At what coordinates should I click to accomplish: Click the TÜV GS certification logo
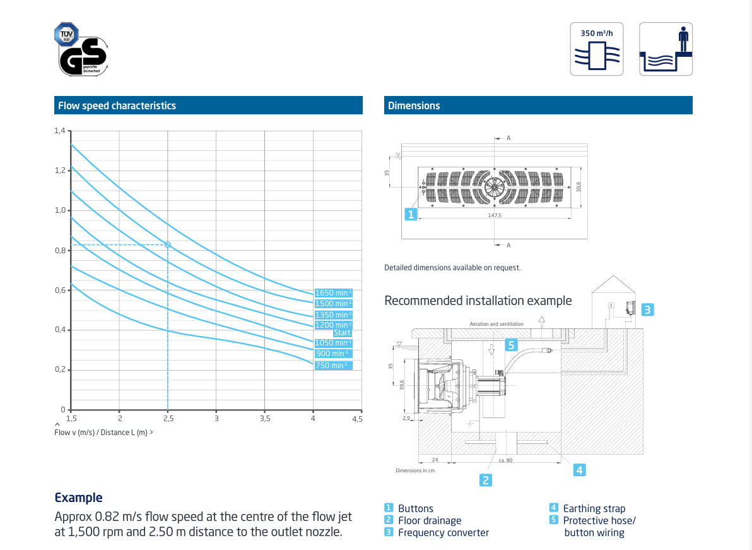(81, 49)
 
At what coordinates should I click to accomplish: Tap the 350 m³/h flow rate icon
(597, 49)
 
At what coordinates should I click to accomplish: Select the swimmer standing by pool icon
(666, 49)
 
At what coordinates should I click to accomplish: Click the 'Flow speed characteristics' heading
(117, 105)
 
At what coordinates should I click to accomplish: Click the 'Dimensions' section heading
(414, 105)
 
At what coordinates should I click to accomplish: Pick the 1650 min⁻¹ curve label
(333, 293)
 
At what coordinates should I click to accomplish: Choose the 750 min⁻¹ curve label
(333, 366)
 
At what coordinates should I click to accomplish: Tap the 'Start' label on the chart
(342, 333)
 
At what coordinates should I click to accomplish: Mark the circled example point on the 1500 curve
(168, 245)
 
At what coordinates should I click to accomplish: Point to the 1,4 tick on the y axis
(59, 131)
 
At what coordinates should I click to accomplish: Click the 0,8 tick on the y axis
(59, 251)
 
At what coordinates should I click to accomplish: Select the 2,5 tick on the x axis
(168, 419)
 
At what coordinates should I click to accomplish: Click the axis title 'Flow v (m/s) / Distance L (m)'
(101, 433)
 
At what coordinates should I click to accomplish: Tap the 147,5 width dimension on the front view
(495, 215)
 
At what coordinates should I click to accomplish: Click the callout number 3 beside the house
(647, 309)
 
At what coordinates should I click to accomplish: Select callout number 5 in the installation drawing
(511, 345)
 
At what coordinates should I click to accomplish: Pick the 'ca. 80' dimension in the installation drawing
(505, 460)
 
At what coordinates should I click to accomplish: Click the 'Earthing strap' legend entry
(594, 508)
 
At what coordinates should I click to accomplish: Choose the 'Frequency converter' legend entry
(444, 533)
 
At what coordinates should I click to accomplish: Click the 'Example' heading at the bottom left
(79, 498)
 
